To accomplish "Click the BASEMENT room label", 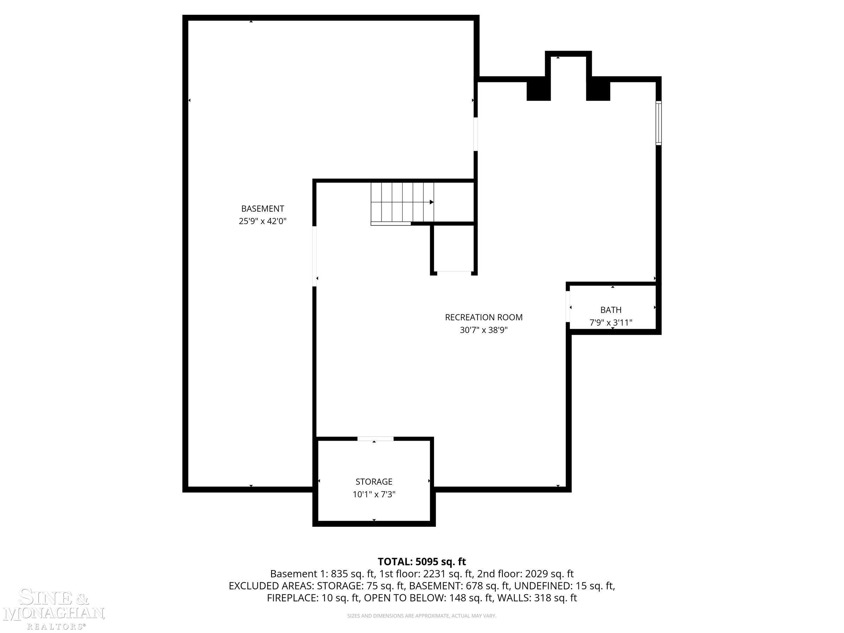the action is coord(262,209).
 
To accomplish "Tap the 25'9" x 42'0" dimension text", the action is coord(262,221).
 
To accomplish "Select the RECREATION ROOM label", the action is coord(484,317).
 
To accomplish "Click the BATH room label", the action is coord(611,310).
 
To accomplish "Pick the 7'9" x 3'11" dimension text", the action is coord(611,323).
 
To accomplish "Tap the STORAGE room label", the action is coord(374,481).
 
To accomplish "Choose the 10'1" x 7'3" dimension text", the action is coord(374,494).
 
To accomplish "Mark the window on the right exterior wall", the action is coord(659,123).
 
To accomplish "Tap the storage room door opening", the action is coord(376,439).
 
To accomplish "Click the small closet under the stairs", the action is coord(454,248).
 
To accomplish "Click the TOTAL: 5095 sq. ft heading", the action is coord(422,562).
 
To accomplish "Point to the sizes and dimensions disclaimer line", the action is coord(422,616).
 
